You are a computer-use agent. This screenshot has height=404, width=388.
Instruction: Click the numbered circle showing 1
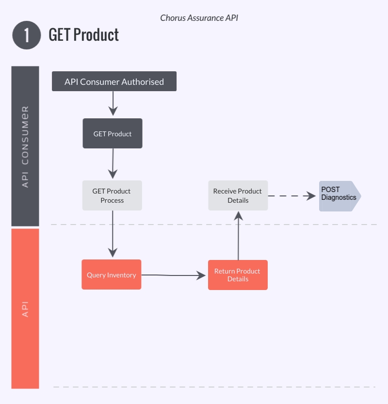click(26, 35)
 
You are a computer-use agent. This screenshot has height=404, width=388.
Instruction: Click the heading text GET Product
click(84, 35)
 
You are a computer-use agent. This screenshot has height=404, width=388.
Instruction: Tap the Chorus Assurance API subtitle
click(199, 18)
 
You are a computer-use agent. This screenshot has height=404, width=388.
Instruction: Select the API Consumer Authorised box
click(114, 81)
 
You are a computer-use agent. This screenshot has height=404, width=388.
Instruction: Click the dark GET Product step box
click(113, 133)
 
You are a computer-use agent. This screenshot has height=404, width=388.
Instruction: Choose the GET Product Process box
click(112, 195)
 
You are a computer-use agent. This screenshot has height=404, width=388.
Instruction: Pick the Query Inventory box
click(111, 275)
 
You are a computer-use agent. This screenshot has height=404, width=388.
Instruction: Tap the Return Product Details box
click(238, 275)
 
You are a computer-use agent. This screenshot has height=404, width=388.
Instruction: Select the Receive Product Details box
click(238, 195)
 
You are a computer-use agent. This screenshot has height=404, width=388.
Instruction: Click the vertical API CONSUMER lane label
click(25, 146)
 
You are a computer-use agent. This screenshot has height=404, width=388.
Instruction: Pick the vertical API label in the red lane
click(25, 309)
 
